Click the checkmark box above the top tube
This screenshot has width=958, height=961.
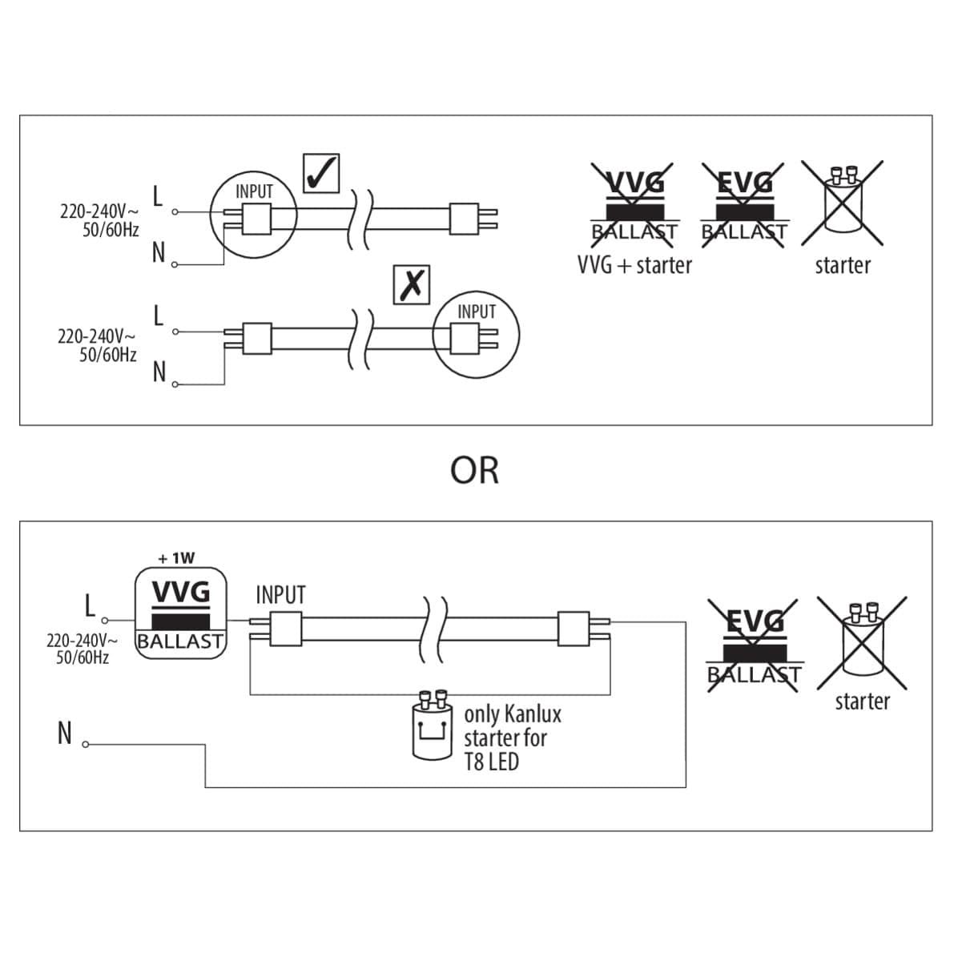point(321,173)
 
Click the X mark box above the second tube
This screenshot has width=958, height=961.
point(412,284)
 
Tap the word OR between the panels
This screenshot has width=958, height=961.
point(474,471)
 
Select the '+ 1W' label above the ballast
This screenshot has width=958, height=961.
point(176,557)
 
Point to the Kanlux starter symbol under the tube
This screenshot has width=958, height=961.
point(434,726)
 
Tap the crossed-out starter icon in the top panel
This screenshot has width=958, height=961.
point(842,203)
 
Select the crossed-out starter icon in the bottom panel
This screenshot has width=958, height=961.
point(862,642)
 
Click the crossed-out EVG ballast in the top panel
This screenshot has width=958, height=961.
point(744,203)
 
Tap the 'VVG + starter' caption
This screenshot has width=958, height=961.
point(634,265)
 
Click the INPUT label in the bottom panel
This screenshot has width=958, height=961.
point(280,595)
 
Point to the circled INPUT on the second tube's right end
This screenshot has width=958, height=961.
point(476,335)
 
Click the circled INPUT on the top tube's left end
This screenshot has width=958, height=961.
point(253,215)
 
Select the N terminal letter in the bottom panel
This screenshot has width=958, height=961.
point(65,734)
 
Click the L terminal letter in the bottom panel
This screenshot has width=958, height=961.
point(91,606)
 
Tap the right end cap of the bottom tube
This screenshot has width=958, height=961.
point(574,629)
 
